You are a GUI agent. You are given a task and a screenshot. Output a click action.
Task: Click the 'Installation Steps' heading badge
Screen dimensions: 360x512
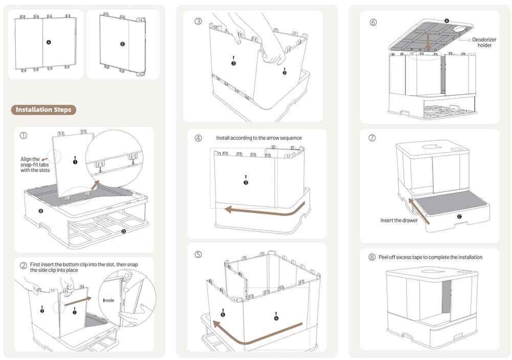44,110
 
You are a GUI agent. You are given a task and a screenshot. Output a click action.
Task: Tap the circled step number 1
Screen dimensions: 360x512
24,136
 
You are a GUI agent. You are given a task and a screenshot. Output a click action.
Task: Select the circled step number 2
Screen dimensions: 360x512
24,265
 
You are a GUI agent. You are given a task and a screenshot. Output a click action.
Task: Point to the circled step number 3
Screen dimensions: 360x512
198,22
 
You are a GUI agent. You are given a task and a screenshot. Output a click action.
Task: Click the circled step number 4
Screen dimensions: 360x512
198,138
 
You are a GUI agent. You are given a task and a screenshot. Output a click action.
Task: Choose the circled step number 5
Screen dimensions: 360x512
198,254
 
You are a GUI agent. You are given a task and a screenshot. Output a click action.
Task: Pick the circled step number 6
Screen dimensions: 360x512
373,22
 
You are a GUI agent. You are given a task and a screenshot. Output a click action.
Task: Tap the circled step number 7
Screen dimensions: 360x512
372,138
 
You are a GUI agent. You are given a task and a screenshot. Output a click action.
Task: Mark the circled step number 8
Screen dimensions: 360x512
372,257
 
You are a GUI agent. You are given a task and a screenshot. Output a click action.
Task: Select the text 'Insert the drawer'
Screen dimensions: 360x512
399,221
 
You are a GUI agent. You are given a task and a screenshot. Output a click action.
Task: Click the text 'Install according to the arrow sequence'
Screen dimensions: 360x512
259,138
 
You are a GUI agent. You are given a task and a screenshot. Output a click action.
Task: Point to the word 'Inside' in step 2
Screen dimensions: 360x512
109,300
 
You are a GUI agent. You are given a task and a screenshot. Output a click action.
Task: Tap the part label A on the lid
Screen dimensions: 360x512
446,20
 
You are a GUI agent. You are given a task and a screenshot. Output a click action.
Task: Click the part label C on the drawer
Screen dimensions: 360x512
459,217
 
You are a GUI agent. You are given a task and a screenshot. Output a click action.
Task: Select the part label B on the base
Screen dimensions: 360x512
40,210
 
